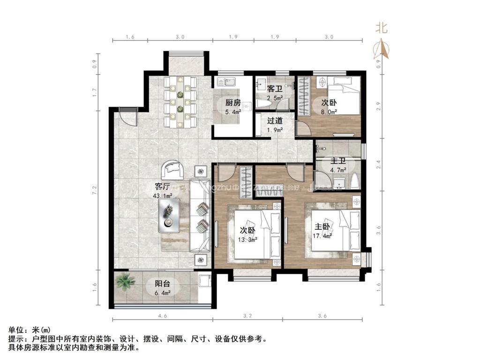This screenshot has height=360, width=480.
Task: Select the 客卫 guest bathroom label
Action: [274, 89]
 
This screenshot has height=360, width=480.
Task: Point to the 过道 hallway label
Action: [275, 120]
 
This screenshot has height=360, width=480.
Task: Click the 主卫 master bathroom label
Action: [339, 161]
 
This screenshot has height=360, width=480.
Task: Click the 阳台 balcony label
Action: [163, 284]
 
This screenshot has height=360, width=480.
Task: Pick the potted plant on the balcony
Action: [125, 282]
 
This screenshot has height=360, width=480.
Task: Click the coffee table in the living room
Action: [168, 215]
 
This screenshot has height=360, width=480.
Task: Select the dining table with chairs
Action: [180, 103]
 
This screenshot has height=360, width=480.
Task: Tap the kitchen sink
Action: [225, 83]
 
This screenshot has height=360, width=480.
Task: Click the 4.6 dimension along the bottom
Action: [163, 317]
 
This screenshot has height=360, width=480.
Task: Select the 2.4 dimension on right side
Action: [379, 164]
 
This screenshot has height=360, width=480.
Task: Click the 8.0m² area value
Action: [329, 112]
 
